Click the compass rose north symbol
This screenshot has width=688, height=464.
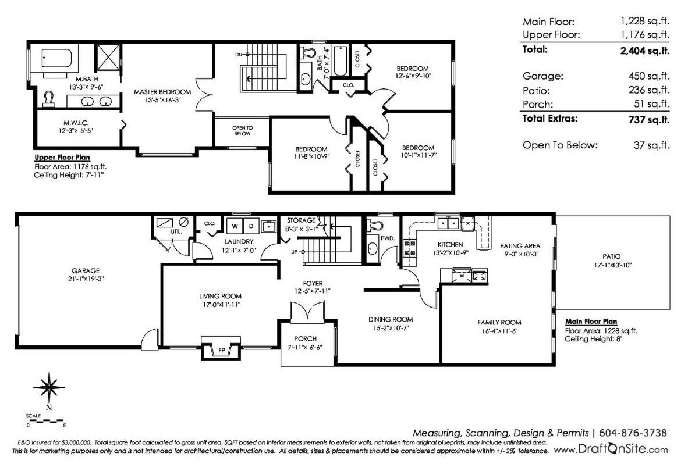coord(49,388)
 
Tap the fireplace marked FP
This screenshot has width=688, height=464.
coord(221,348)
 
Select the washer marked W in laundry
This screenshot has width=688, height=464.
coord(235,226)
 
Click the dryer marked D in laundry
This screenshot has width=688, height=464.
coord(251,226)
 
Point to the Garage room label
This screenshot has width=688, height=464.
coord(86,271)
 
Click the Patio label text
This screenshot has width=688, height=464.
coord(612,256)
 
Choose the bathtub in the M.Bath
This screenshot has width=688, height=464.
coord(56,59)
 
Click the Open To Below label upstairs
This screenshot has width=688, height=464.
coord(242,131)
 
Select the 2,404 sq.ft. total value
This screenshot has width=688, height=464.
coord(644,51)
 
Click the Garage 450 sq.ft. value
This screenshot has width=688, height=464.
coord(649,76)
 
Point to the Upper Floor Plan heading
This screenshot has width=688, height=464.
coord(62,158)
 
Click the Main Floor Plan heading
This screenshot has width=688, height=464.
coord(591,321)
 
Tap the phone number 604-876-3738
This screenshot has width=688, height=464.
coord(633,433)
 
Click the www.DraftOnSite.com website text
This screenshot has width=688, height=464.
coord(611,449)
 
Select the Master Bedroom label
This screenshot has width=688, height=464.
coord(162,92)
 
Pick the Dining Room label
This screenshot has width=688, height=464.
coord(391,319)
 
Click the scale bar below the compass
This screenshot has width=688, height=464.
coord(46,421)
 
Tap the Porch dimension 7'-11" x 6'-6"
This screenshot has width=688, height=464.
coord(305,348)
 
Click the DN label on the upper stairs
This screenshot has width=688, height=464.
coord(239,55)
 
